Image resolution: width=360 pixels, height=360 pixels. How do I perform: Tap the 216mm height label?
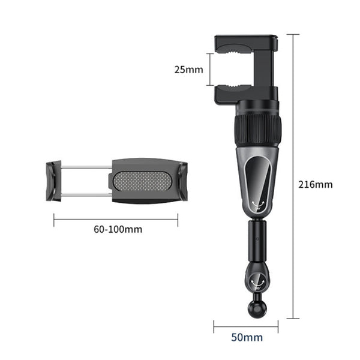(x=315, y=184)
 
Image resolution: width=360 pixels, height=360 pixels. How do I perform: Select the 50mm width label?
(x=247, y=337)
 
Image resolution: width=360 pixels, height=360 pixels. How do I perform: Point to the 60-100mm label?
(x=118, y=229)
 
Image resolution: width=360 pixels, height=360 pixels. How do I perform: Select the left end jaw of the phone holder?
(x=53, y=181)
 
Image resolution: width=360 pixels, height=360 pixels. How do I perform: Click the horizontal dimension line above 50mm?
(x=246, y=328)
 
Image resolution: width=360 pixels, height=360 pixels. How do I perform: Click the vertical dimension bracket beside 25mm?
(x=209, y=70)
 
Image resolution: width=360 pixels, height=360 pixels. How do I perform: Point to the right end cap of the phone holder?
(x=183, y=181)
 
